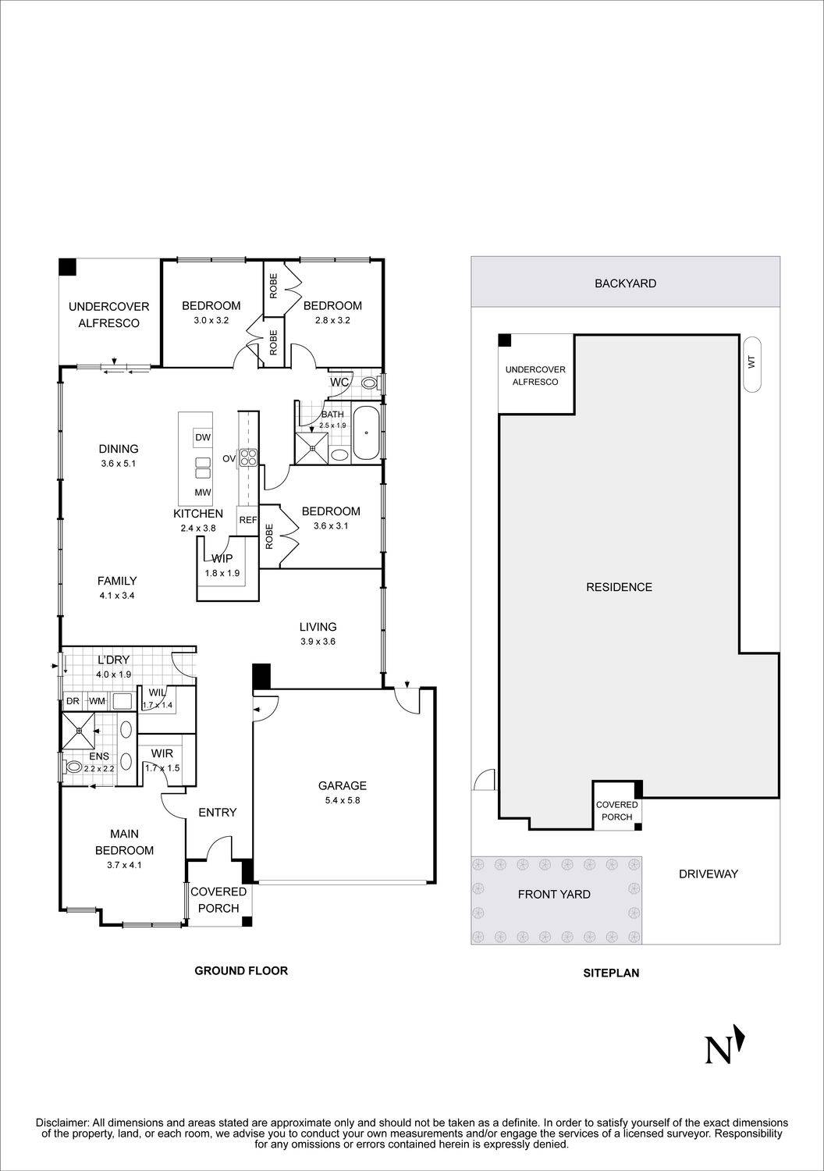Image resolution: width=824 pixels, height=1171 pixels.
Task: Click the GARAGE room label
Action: click(x=342, y=785)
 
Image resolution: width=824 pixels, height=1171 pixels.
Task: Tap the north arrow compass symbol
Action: click(x=724, y=1048)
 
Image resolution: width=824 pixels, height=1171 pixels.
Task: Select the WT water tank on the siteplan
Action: click(x=752, y=364)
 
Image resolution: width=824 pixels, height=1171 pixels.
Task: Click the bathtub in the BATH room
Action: click(x=366, y=432)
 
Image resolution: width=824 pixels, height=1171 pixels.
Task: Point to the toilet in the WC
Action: click(x=370, y=383)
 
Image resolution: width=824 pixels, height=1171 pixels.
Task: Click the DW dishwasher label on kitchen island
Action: click(x=203, y=436)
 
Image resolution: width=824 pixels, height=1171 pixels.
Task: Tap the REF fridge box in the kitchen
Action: click(x=248, y=520)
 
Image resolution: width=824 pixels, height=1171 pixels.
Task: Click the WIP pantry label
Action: click(x=222, y=558)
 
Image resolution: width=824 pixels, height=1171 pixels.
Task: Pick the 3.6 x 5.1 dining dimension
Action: click(x=119, y=464)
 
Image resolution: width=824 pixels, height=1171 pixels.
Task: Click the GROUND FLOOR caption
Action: click(x=241, y=970)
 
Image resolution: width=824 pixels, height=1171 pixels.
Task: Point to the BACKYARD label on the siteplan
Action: click(x=625, y=283)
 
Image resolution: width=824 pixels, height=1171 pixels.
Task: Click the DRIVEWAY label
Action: click(x=708, y=874)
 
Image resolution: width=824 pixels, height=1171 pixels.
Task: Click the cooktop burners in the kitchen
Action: click(x=248, y=457)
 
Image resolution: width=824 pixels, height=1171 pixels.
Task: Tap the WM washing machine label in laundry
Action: click(x=96, y=701)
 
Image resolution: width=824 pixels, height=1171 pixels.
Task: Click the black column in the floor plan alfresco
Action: click(x=67, y=266)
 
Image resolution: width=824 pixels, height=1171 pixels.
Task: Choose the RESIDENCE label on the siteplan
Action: click(x=619, y=587)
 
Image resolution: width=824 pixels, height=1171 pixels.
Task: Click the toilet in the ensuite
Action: click(x=74, y=767)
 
